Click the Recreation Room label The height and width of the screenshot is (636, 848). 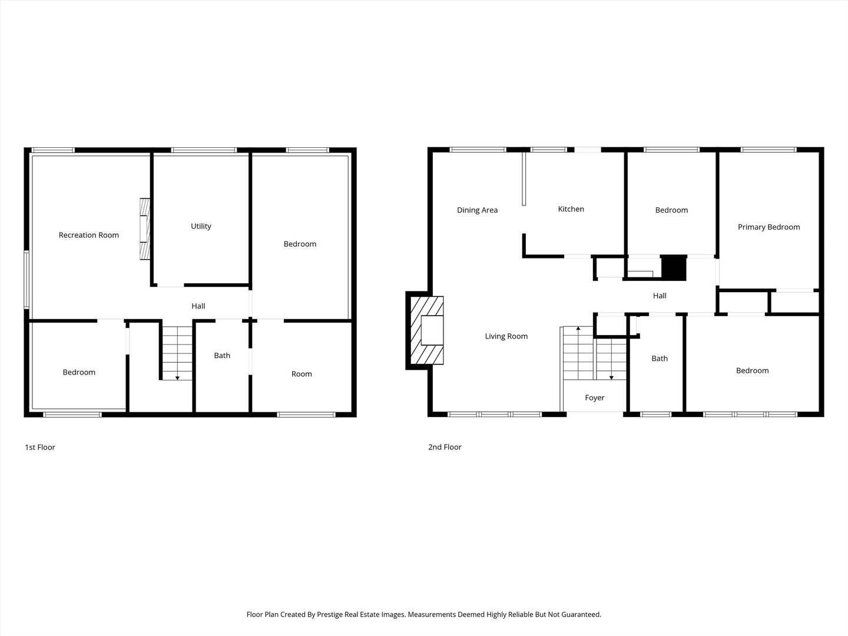[x=88, y=235]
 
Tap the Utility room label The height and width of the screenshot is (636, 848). [x=201, y=226]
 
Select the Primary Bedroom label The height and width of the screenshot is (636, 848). [x=769, y=227]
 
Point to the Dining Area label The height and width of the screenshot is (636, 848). [x=477, y=210]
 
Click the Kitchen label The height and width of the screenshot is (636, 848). [x=571, y=209]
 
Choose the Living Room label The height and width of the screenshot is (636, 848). [x=506, y=336]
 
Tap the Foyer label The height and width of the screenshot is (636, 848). [x=595, y=397]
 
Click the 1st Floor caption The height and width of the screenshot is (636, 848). [x=40, y=447]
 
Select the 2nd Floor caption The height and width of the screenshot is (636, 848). [x=445, y=447]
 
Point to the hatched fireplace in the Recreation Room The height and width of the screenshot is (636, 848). [x=145, y=228]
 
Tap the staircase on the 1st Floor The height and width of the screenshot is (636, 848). [x=177, y=353]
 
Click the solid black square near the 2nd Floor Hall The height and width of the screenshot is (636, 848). [x=674, y=267]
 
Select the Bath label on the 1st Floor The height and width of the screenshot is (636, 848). [x=222, y=356]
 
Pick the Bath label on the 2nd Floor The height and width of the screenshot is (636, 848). [x=660, y=359]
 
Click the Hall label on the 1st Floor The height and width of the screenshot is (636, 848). [x=198, y=306]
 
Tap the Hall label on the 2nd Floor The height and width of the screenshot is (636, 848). [x=660, y=296]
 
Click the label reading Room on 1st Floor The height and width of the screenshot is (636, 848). [x=302, y=374]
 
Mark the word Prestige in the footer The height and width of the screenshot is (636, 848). [x=331, y=614]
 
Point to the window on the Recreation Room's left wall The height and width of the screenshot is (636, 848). [x=26, y=280]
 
